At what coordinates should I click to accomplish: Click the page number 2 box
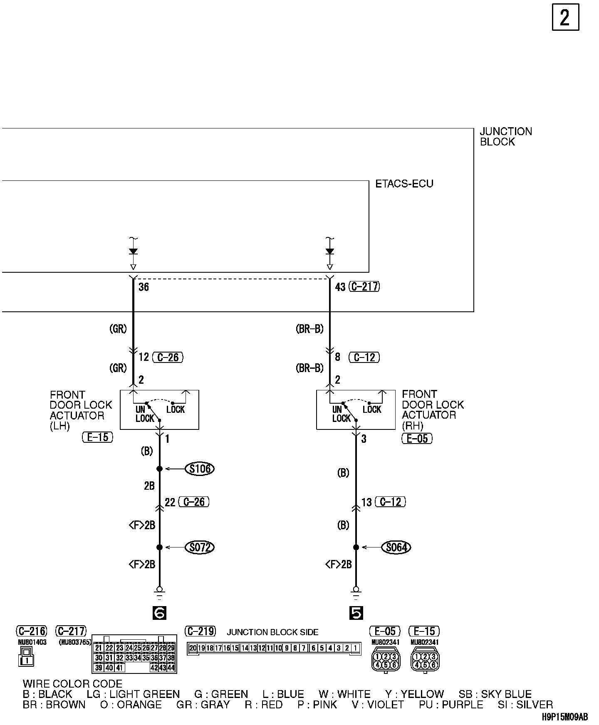tap(565, 17)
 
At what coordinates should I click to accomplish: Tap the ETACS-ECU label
tap(404, 184)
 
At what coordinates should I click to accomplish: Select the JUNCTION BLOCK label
tap(505, 137)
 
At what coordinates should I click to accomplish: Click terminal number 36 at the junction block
tap(144, 287)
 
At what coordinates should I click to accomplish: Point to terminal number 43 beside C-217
tap(340, 287)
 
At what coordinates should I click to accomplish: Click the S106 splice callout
tap(200, 469)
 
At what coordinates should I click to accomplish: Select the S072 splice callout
tap(200, 547)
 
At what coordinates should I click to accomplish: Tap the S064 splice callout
tap(396, 547)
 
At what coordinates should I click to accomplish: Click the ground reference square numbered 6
tap(159, 613)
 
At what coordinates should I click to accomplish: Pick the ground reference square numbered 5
tap(356, 613)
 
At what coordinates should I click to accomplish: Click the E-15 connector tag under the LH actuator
tap(97, 437)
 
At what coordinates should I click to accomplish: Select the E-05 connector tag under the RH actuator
tap(417, 439)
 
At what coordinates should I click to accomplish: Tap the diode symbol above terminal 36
tap(133, 252)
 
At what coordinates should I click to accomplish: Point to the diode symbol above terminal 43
tap(330, 252)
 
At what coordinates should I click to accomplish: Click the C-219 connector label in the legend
tap(201, 631)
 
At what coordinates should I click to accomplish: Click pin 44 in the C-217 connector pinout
tap(171, 668)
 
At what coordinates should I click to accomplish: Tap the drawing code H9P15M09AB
tap(564, 717)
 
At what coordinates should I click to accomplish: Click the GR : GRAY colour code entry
tap(203, 705)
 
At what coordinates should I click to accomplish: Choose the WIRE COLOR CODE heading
tap(72, 684)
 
